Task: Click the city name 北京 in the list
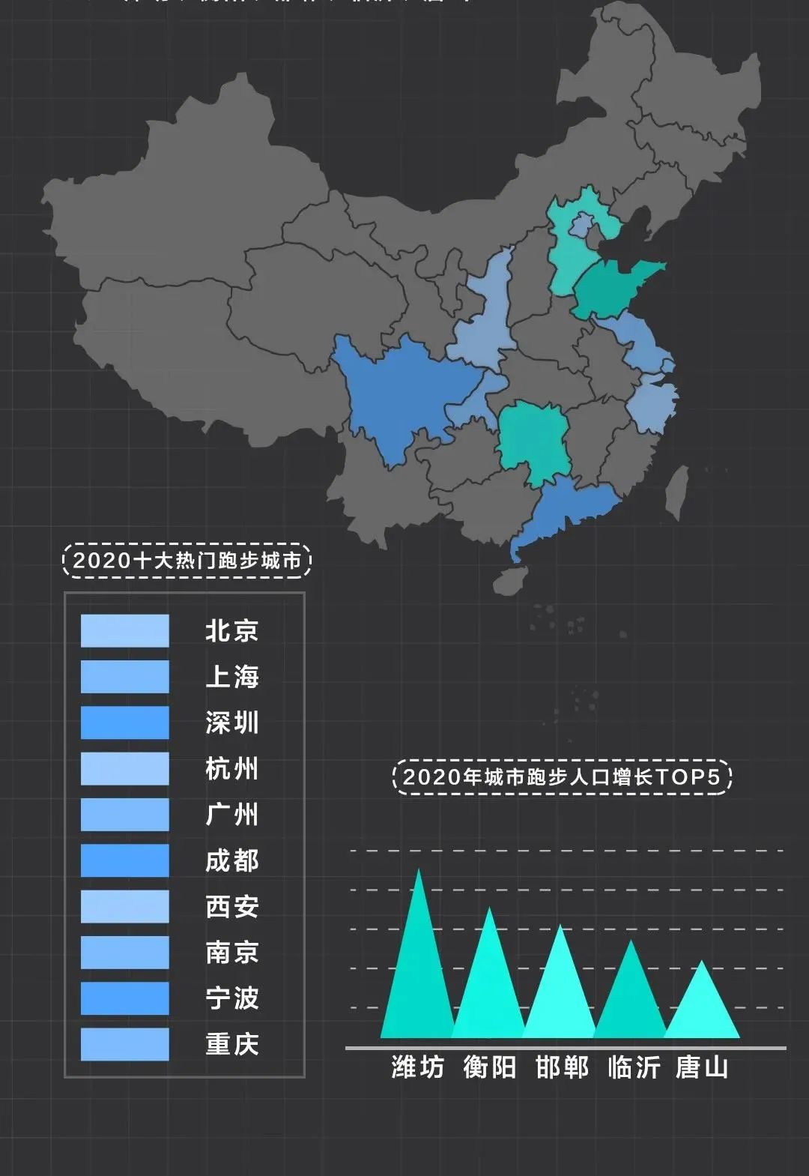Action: pyautogui.click(x=231, y=630)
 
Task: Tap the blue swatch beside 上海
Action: pyautogui.click(x=125, y=677)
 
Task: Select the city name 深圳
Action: pyautogui.click(x=231, y=723)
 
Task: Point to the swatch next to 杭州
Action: pyautogui.click(x=125, y=768)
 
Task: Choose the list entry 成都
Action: pyautogui.click(x=231, y=860)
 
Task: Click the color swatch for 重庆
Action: pyautogui.click(x=125, y=1044)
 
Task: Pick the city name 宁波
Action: pyautogui.click(x=231, y=998)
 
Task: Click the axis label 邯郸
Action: pyautogui.click(x=561, y=1067)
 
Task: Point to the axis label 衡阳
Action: pyautogui.click(x=489, y=1067)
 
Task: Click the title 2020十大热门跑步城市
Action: pyautogui.click(x=187, y=561)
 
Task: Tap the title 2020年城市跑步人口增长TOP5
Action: pyautogui.click(x=561, y=777)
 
